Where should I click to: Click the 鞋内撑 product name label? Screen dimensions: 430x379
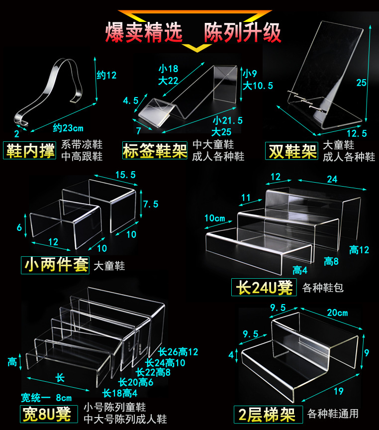(29, 151)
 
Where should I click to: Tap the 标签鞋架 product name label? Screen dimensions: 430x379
(155, 151)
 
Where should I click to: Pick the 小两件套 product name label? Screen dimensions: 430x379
(55, 265)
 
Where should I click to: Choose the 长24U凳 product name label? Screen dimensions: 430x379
(264, 287)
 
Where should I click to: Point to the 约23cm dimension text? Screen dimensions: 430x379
(68, 128)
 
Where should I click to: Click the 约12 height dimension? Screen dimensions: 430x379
(106, 76)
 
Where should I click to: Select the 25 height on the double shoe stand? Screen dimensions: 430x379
(361, 83)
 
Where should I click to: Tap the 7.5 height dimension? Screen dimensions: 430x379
(150, 205)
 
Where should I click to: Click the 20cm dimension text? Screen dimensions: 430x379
(338, 313)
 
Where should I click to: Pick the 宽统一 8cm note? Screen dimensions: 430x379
(46, 398)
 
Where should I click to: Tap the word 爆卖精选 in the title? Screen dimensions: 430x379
(144, 32)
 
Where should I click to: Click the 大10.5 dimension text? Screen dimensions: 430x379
(258, 85)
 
